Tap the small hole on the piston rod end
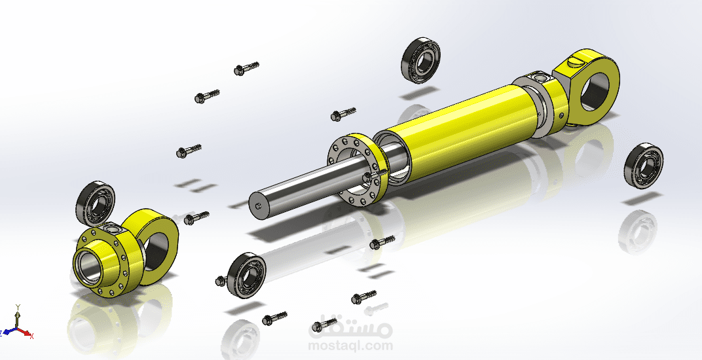click(259, 206)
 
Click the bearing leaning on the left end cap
click(96, 204)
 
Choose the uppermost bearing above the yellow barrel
click(420, 61)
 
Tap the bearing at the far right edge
click(644, 166)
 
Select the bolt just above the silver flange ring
click(343, 114)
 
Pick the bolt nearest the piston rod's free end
click(197, 217)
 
